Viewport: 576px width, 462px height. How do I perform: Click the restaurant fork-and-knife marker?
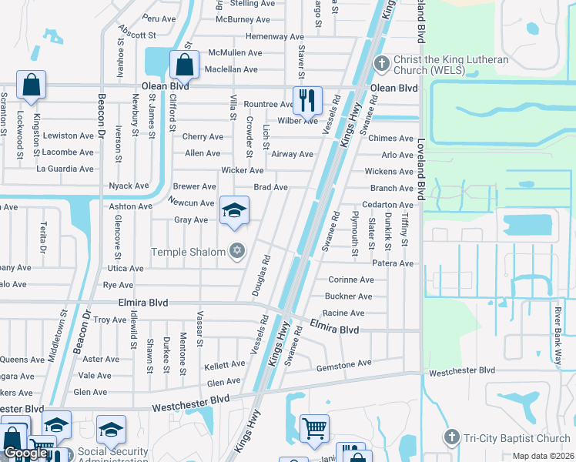pyautogui.click(x=306, y=99)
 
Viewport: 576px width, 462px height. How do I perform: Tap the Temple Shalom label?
pyautogui.click(x=188, y=252)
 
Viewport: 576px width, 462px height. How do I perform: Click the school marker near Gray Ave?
pyautogui.click(x=235, y=209)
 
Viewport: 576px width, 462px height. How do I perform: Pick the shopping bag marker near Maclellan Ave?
pyautogui.click(x=184, y=65)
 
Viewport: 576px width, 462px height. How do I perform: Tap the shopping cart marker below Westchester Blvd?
pyautogui.click(x=314, y=428)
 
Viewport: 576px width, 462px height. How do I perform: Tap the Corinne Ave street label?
pyautogui.click(x=350, y=280)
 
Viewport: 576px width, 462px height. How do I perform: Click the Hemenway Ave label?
pyautogui.click(x=275, y=36)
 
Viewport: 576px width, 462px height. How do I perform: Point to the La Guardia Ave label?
pyautogui.click(x=65, y=169)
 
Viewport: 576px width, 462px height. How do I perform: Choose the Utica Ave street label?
pyautogui.click(x=125, y=269)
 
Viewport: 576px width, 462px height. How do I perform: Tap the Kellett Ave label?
pyautogui.click(x=225, y=366)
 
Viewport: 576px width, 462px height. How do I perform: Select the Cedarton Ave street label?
pyautogui.click(x=388, y=205)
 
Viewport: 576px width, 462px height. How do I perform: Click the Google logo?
pyautogui.click(x=25, y=453)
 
